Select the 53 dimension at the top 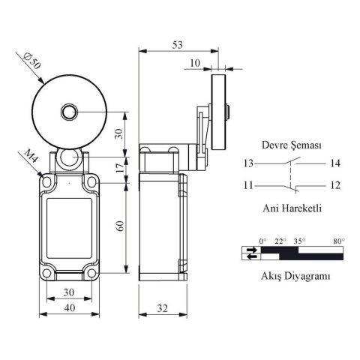[177, 44]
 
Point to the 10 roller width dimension [195, 64]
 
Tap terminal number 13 [247, 163]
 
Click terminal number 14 [334, 163]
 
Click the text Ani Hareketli [292, 209]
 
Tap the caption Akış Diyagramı [291, 276]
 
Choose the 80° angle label [339, 241]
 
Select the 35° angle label [300, 241]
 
